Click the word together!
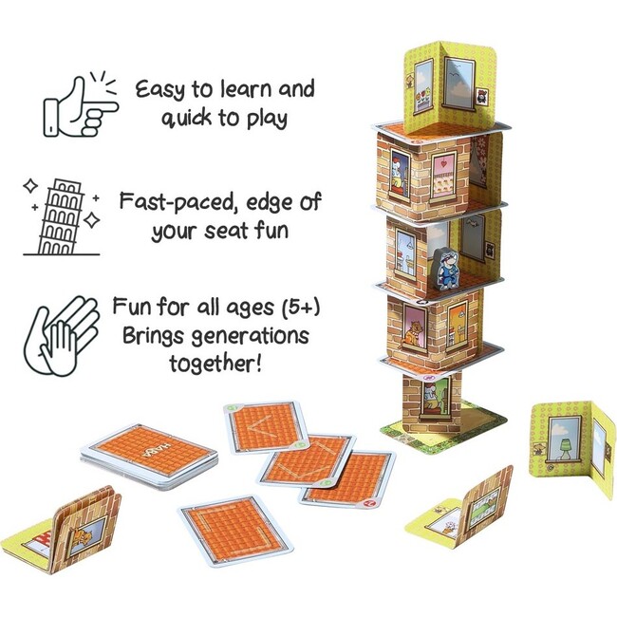pyautogui.click(x=219, y=365)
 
